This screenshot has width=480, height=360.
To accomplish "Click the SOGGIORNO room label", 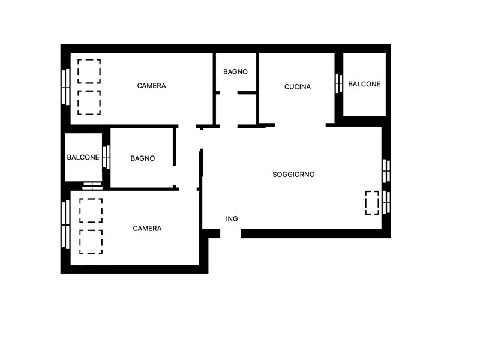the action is pyautogui.click(x=293, y=175).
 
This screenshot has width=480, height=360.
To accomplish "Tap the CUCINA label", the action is pyautogui.click(x=298, y=87).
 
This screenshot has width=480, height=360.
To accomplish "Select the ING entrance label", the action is pyautogui.click(x=232, y=218).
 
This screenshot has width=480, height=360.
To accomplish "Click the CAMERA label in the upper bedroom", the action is pyautogui.click(x=152, y=86).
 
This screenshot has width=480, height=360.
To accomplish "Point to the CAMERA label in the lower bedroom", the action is pyautogui.click(x=147, y=229).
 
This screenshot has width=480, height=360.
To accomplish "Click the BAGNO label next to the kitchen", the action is pyautogui.click(x=235, y=71).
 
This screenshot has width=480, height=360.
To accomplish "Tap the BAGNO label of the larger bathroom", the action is pyautogui.click(x=143, y=158).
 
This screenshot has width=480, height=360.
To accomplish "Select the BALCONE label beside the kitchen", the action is pyautogui.click(x=364, y=84).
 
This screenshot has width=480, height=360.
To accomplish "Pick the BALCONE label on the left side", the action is pyautogui.click(x=83, y=157).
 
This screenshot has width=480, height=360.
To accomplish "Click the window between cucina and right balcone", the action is pyautogui.click(x=338, y=83).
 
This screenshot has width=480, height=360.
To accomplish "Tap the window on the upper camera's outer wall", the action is pyautogui.click(x=65, y=87).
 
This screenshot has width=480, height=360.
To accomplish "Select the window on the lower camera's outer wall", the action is pyautogui.click(x=65, y=224).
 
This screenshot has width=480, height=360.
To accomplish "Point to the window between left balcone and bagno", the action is pyautogui.click(x=106, y=157).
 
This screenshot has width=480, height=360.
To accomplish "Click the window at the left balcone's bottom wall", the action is pyautogui.click(x=92, y=186).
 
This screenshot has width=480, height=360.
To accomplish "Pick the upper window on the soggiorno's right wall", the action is pyautogui.click(x=386, y=171).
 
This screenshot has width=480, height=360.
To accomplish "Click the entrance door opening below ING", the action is pyautogui.click(x=230, y=233).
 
